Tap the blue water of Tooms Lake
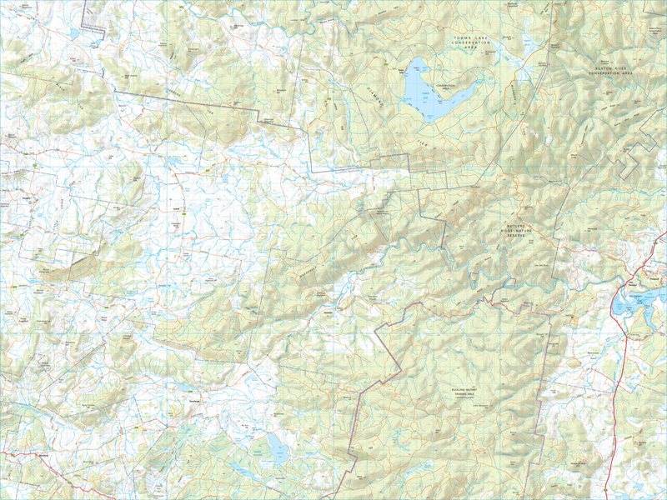(434, 96)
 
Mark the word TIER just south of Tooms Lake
(421, 143)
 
